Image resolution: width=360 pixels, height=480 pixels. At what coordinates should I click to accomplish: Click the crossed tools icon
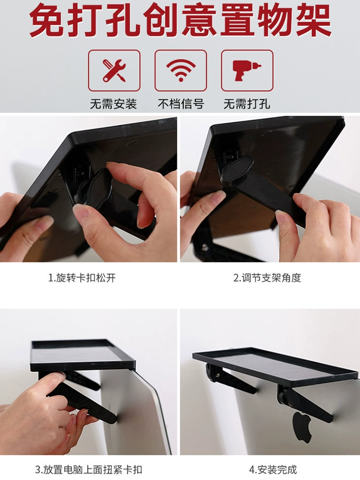pyautogui.click(x=114, y=71)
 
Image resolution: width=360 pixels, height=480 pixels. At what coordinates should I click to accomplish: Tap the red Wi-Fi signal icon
pyautogui.click(x=180, y=71)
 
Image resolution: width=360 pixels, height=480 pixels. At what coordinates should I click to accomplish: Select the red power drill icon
pyautogui.click(x=247, y=71)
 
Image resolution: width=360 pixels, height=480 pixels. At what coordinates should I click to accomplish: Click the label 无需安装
pyautogui.click(x=114, y=104)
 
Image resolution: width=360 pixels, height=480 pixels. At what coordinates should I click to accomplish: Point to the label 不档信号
pyautogui.click(x=180, y=104)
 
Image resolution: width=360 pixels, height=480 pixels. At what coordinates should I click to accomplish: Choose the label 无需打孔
pyautogui.click(x=247, y=104)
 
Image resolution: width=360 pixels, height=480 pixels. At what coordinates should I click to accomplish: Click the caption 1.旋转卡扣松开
pyautogui.click(x=82, y=277)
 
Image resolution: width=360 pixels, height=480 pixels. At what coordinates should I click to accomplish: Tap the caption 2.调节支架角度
pyautogui.click(x=267, y=277)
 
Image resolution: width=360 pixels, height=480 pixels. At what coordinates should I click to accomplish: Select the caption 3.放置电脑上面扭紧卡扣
pyautogui.click(x=88, y=469)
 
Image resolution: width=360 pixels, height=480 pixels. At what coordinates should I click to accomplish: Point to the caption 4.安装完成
pyautogui.click(x=273, y=469)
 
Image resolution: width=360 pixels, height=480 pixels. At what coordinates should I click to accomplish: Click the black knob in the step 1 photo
pyautogui.click(x=96, y=190)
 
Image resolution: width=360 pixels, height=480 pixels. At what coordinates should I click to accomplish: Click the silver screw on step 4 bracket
pyautogui.click(x=217, y=375)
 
